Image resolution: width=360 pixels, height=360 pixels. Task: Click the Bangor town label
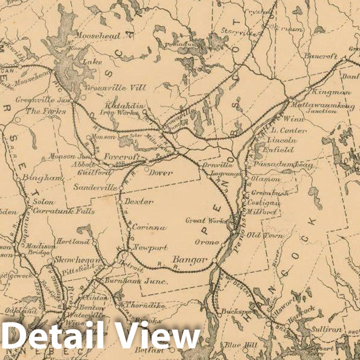point(186,261)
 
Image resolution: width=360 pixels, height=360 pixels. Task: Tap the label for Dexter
point(139,201)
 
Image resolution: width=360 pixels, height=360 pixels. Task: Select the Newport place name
point(150,248)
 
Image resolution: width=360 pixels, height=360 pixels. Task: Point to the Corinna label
point(148,227)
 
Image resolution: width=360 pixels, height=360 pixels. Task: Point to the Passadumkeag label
point(275,165)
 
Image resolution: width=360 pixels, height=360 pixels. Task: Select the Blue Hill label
point(241,344)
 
